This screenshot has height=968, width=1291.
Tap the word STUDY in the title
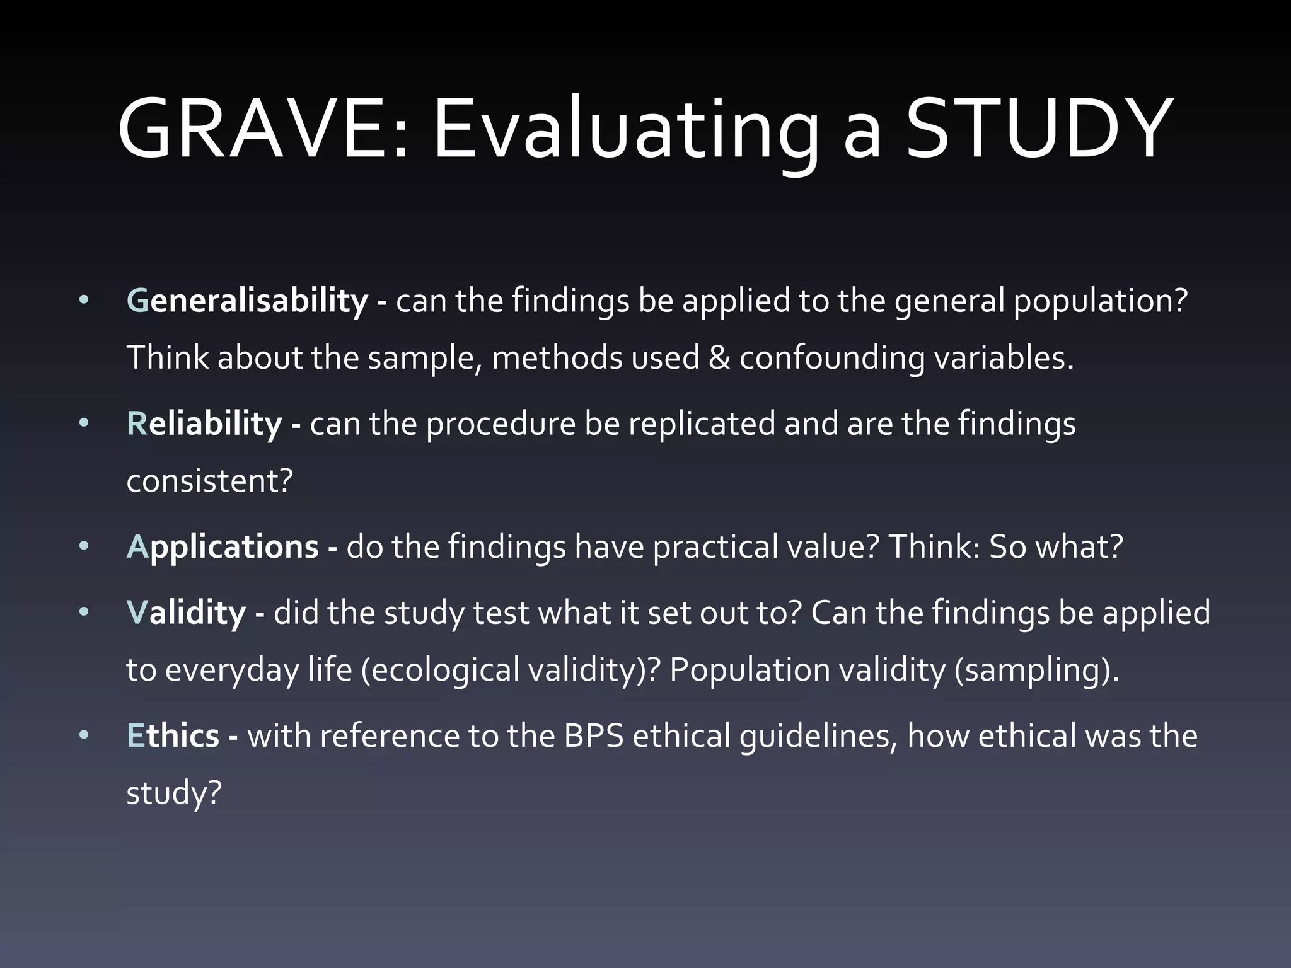[1039, 129]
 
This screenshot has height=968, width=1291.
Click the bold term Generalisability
[247, 301]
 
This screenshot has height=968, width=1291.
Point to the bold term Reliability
[204, 423]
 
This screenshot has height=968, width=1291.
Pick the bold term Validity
[187, 613]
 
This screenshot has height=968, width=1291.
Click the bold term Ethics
[173, 736]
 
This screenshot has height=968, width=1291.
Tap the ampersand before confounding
[719, 358]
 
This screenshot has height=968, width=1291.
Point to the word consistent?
[210, 481]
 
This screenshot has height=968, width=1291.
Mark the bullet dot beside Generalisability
[84, 301]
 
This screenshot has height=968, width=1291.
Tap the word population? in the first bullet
[1100, 301]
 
